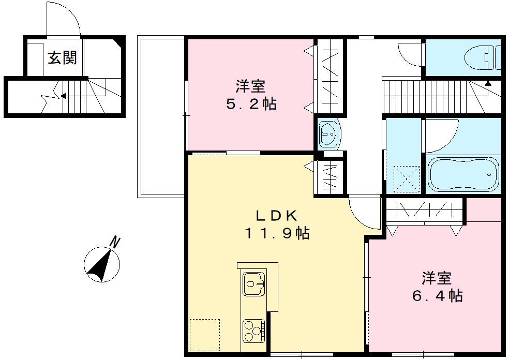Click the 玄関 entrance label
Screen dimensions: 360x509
coord(63,58)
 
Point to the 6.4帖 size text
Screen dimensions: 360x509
coord(437,296)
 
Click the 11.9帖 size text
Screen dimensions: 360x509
coord(277,234)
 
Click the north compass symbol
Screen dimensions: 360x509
coord(101,264)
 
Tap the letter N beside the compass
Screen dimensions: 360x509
coord(116,241)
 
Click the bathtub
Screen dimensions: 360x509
coord(462,174)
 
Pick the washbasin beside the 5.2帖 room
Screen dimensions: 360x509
coord(328,134)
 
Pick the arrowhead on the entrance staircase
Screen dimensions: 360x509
coord(63,95)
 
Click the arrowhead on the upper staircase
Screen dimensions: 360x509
coord(488,82)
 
